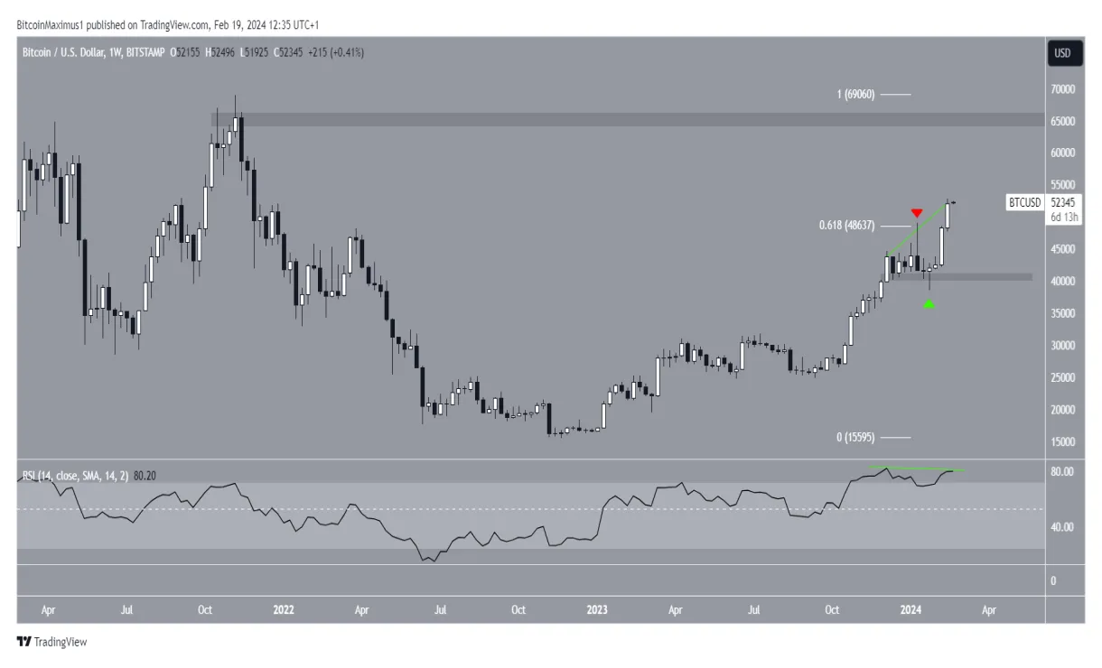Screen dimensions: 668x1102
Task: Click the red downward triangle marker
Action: tap(917, 213)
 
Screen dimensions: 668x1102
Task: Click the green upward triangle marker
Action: tap(929, 304)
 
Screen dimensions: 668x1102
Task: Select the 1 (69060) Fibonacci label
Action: tap(850, 94)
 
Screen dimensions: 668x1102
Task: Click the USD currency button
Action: tap(1062, 53)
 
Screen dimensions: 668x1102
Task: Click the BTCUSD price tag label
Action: tap(1024, 204)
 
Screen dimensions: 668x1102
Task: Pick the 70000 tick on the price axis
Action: tap(1061, 89)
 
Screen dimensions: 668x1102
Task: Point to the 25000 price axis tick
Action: tap(1061, 377)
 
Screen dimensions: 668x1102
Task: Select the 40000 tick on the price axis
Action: tap(1061, 282)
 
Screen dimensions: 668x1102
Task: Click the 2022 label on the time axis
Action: tap(284, 610)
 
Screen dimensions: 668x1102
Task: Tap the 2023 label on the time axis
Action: tap(596, 610)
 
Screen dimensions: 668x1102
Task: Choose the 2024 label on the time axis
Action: tap(911, 610)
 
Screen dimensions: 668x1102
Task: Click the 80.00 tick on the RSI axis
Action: tap(1061, 472)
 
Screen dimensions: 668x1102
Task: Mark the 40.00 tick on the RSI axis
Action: tap(1061, 527)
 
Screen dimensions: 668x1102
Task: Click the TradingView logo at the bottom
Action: tap(51, 643)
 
